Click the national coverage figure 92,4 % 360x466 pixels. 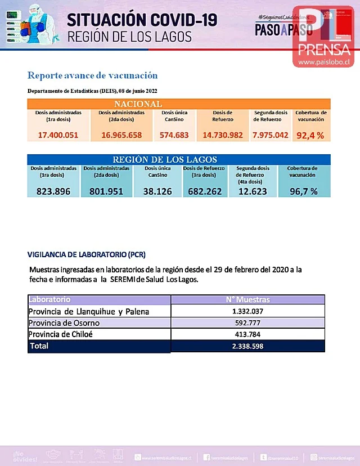(x=310, y=135)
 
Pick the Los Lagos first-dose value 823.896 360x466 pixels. (x=53, y=191)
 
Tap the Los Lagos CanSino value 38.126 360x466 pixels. (x=157, y=191)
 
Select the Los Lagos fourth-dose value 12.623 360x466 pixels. (x=253, y=191)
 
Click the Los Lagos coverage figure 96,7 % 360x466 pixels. (x=303, y=191)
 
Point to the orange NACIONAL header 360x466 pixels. (x=138, y=104)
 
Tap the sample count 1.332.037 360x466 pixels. (x=247, y=311)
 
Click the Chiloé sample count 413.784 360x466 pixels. (x=247, y=335)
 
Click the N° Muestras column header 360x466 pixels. (x=247, y=300)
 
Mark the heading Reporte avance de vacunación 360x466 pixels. (x=93, y=75)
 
